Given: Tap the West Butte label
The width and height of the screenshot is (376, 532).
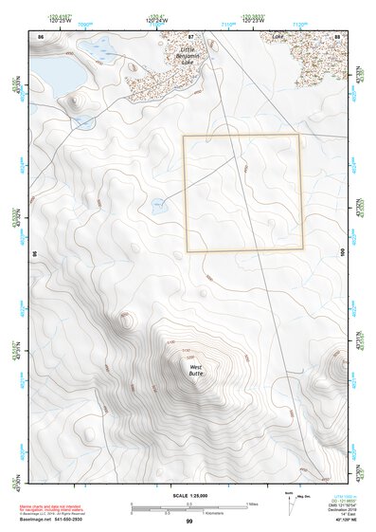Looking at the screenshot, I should (x=196, y=371).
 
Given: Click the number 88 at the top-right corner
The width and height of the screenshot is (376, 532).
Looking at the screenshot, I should (x=337, y=35).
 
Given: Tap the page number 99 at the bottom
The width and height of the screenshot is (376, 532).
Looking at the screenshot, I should (x=189, y=522).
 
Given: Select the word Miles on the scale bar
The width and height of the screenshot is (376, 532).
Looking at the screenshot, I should (x=251, y=504).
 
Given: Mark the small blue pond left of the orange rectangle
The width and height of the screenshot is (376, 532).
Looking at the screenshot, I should (x=158, y=202).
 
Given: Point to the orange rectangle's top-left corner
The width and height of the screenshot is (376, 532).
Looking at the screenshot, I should (x=184, y=136).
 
